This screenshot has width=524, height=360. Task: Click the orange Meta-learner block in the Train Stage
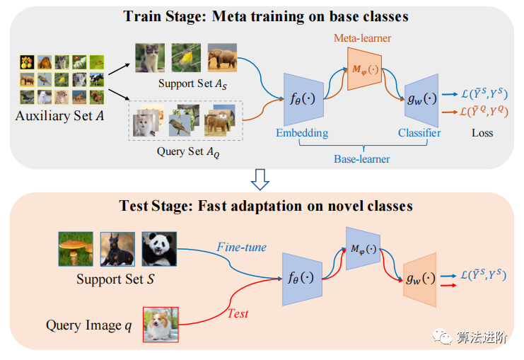click(365, 68)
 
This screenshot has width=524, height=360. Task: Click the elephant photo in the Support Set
click(223, 57)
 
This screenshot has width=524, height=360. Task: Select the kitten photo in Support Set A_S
click(150, 57)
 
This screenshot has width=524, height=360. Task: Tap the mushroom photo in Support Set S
click(76, 248)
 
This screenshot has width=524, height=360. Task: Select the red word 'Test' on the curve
click(238, 313)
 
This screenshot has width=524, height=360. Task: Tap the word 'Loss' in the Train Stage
click(482, 132)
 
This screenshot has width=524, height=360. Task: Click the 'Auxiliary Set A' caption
click(60, 115)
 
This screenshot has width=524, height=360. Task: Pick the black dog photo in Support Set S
click(117, 248)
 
